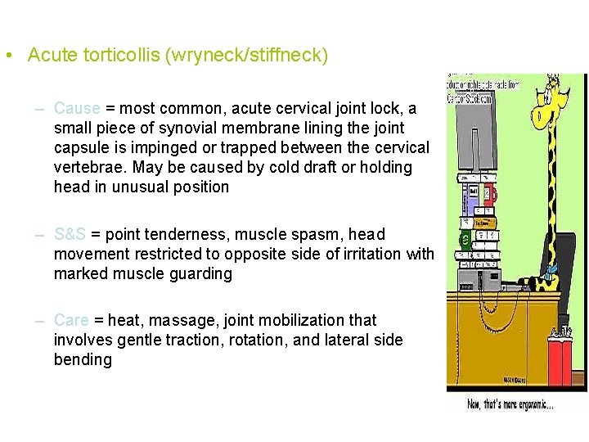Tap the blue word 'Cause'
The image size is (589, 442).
(x=77, y=108)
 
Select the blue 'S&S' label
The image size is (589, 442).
(x=70, y=234)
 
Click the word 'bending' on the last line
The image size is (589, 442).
(x=83, y=359)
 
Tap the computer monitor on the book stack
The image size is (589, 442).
(x=471, y=139)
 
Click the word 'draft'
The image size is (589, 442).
(x=303, y=167)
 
